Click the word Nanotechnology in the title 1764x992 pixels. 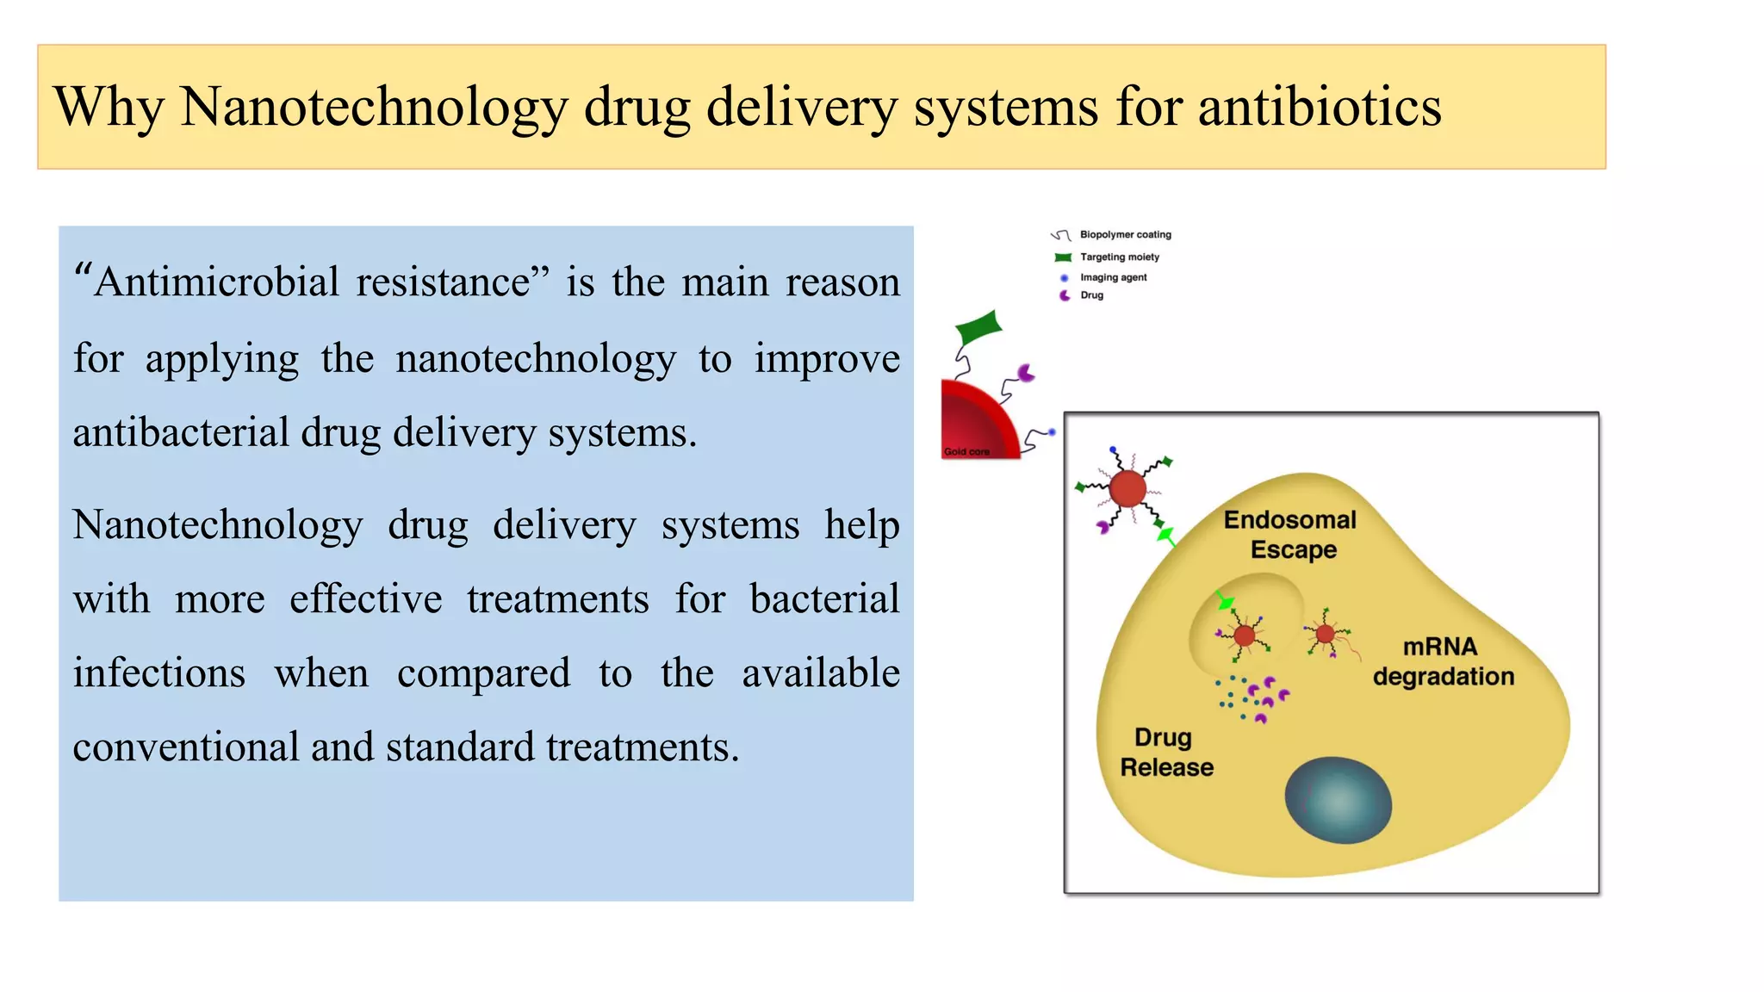tap(374, 108)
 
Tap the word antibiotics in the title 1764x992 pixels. tap(1319, 108)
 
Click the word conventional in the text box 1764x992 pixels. tap(184, 747)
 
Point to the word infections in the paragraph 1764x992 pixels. tap(158, 673)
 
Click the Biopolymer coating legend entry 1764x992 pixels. tap(1125, 234)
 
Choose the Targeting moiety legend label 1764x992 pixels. tap(1119, 257)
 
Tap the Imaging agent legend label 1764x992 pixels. tap(1113, 277)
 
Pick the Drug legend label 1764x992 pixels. tap(1091, 295)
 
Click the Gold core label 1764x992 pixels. tap(966, 451)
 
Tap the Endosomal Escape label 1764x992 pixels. tap(1291, 535)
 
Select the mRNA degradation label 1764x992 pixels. tap(1443, 661)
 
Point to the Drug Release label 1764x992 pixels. tap(1165, 753)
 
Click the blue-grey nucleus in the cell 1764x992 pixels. tap(1338, 800)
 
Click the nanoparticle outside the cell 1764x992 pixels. tap(1127, 489)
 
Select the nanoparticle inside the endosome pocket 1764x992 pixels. tap(1244, 636)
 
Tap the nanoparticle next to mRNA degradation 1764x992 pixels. tap(1325, 635)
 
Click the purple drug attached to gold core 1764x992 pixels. tap(1026, 373)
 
